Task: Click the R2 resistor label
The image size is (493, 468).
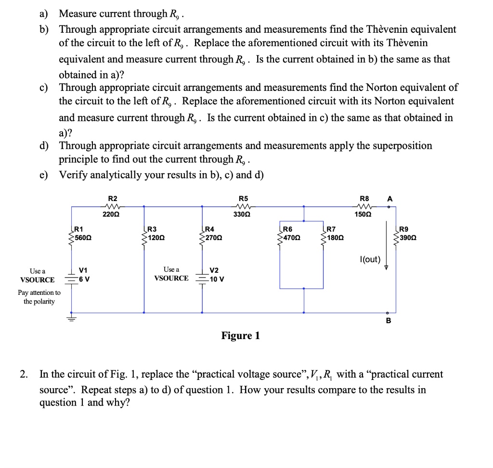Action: (x=112, y=198)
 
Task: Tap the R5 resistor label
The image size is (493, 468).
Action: (x=244, y=198)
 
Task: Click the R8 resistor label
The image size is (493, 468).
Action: (x=365, y=198)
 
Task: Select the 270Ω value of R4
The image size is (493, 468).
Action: (x=213, y=238)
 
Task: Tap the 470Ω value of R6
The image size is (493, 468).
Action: (x=291, y=238)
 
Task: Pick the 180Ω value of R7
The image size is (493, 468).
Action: (x=335, y=238)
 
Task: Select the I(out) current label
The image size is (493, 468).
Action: (x=370, y=260)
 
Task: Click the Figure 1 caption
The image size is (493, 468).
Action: (x=240, y=336)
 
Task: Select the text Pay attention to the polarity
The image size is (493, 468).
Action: (x=39, y=297)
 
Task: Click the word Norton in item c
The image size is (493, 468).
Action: (x=383, y=88)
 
